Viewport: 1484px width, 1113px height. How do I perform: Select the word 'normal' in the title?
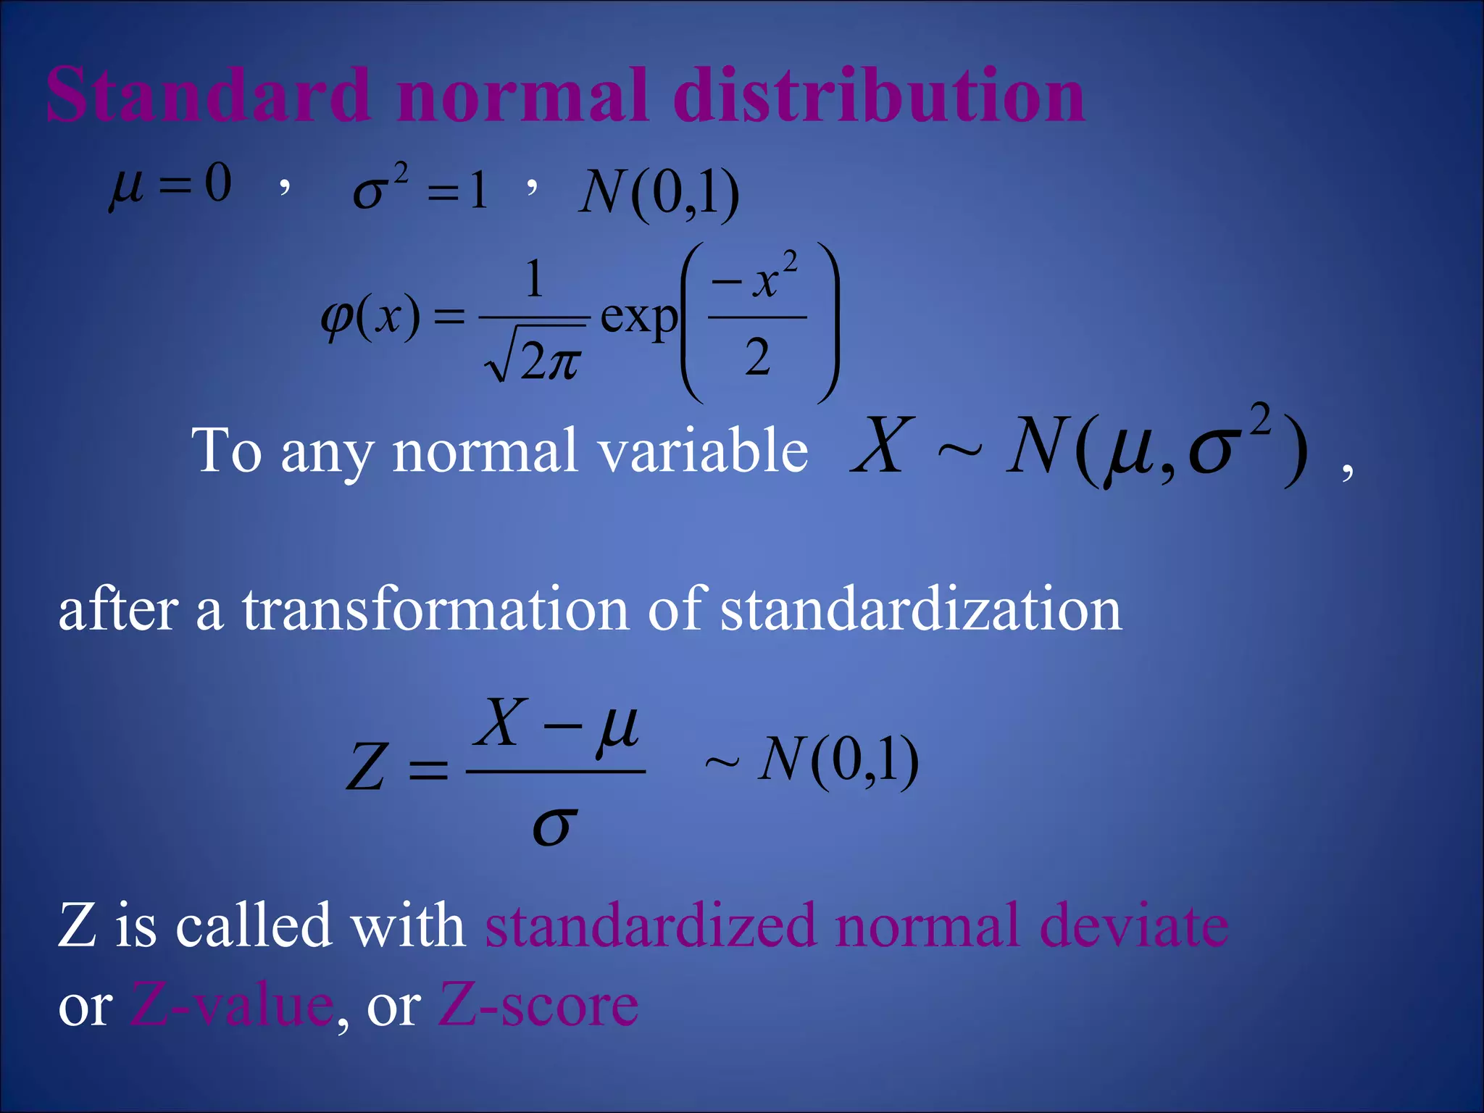[522, 96]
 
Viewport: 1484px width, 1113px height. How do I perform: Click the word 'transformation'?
[435, 610]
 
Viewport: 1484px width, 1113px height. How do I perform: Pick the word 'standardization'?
[921, 610]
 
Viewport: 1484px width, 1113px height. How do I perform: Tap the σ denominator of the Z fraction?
[555, 826]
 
